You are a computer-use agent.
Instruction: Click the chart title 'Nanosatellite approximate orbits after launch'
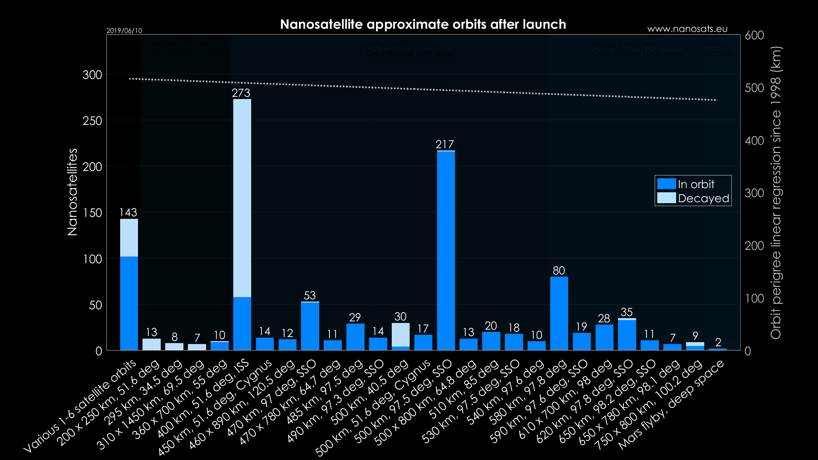(423, 24)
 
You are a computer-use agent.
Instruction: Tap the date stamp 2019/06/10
(124, 31)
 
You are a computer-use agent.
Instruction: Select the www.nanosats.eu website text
(687, 29)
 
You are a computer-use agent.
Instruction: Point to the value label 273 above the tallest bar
(241, 93)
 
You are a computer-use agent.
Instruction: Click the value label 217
(445, 145)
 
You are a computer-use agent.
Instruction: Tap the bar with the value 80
(559, 313)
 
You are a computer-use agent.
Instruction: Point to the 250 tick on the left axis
(92, 121)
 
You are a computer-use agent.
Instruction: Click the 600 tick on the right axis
(754, 35)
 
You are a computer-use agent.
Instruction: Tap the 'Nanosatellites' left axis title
(73, 192)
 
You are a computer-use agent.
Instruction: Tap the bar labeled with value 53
(310, 326)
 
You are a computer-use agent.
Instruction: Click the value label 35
(627, 312)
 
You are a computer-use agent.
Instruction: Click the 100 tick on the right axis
(754, 298)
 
